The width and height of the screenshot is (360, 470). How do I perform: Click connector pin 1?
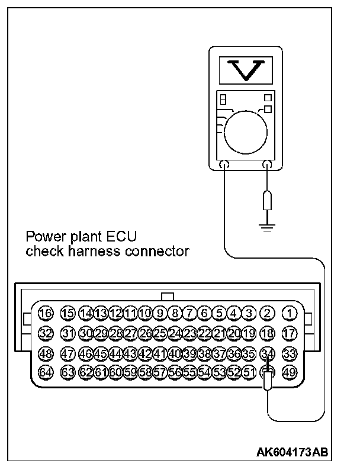point(290,313)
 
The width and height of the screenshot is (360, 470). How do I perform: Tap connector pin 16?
point(45,313)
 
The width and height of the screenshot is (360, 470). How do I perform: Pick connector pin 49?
point(290,372)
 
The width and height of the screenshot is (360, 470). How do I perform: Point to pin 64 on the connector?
point(45,372)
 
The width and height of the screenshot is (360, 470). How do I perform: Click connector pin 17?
point(290,333)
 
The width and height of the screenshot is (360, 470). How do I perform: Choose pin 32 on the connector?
point(45,333)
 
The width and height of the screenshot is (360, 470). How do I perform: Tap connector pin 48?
point(45,353)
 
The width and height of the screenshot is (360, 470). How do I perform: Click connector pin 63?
point(68,372)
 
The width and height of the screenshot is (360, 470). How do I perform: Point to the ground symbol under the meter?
point(268,226)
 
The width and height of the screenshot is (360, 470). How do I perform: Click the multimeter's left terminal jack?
point(226,166)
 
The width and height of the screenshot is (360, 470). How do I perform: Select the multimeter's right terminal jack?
point(268,166)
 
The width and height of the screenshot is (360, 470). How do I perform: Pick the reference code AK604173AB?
point(292,453)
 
